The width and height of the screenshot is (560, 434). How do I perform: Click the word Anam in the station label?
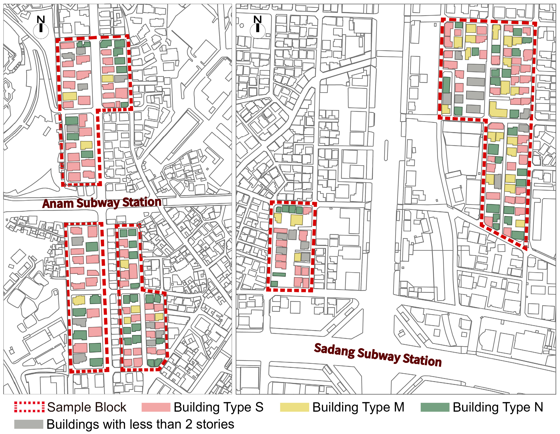tap(58, 204)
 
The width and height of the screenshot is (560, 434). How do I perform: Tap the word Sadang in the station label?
tap(334, 350)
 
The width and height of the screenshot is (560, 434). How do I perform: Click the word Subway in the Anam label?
tap(98, 203)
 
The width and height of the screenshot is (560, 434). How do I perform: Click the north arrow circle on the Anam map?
tap(41, 31)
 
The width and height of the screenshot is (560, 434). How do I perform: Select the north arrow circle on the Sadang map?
tap(257, 31)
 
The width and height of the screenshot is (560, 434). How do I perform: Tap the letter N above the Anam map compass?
tap(41, 19)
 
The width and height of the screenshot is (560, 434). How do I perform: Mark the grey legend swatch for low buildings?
tap(28, 424)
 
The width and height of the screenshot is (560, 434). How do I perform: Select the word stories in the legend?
tap(215, 424)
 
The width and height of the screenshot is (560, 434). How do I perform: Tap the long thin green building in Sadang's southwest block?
tap(279, 275)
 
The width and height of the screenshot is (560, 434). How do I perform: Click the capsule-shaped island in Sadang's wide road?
tap(386, 150)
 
